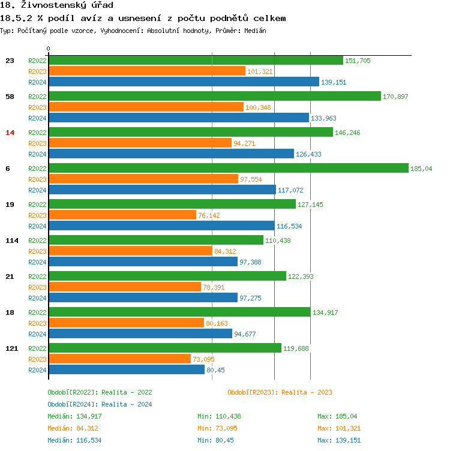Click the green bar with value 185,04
tap(228, 169)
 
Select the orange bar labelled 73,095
tap(119, 359)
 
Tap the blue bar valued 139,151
tap(184, 82)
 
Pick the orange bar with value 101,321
tap(147, 71)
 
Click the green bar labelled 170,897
tap(214, 97)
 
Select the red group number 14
tap(10, 133)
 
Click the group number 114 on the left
tap(11, 240)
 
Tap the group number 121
tap(11, 348)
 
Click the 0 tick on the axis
tap(49, 49)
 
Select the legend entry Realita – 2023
tap(280, 392)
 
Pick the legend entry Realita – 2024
tap(100, 404)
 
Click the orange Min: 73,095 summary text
tap(219, 428)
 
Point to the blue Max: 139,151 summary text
tap(339, 440)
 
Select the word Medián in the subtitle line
tap(254, 30)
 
